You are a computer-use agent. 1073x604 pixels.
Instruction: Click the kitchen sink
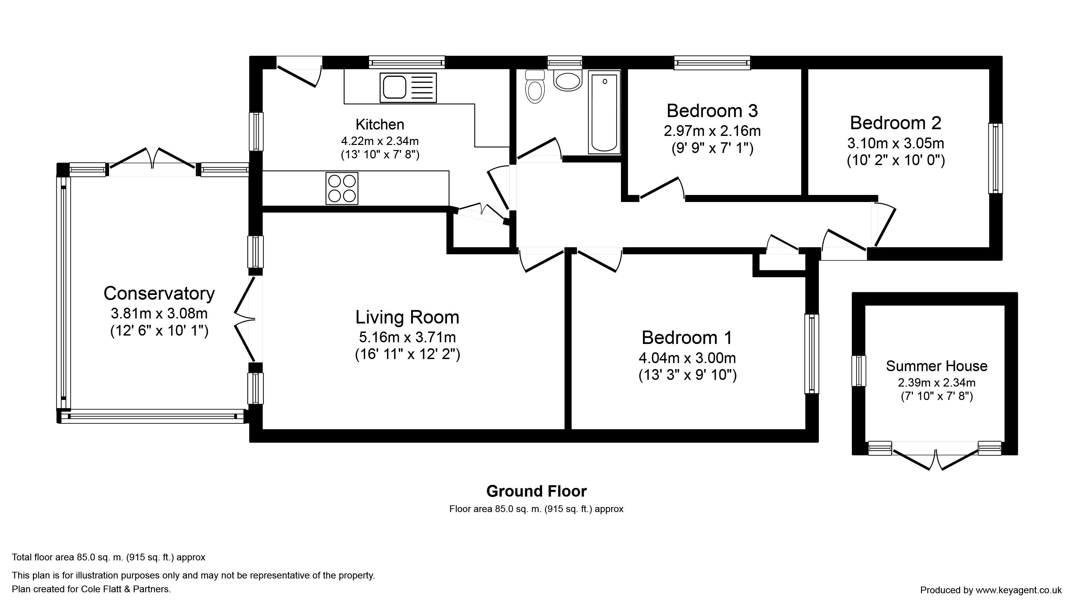(408, 88)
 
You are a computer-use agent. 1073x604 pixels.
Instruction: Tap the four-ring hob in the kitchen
(342, 188)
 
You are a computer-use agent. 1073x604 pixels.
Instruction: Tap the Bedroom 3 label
(712, 111)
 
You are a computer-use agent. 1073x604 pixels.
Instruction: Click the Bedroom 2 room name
(895, 123)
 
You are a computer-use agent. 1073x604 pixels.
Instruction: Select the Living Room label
(407, 317)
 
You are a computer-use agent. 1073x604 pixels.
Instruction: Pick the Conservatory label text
(159, 294)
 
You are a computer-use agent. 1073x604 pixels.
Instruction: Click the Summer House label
(937, 366)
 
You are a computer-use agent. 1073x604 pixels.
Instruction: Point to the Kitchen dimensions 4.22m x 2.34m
(380, 141)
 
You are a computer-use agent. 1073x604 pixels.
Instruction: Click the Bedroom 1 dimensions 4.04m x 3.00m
(687, 358)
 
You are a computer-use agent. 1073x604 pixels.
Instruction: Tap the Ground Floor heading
(536, 492)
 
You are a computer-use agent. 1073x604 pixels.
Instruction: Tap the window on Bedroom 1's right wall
(812, 354)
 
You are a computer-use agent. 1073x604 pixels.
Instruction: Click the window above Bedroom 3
(712, 62)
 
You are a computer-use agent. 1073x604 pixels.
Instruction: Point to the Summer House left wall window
(859, 371)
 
